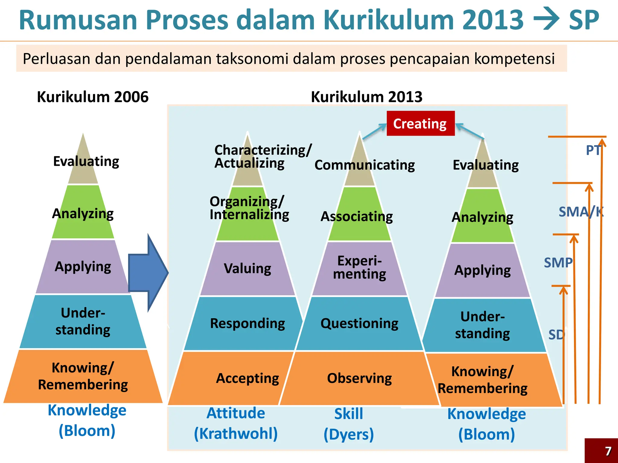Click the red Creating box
420,124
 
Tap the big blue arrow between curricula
148,273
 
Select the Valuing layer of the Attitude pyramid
247,268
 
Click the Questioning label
359,323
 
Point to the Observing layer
359,378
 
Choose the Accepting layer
247,378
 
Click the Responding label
247,323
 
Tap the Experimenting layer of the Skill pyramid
359,268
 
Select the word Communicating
365,165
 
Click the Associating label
357,216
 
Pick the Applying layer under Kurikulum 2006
83,267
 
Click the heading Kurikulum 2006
93,97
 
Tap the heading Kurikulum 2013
366,97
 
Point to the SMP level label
558,263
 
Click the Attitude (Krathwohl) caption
236,423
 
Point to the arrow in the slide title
546,20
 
